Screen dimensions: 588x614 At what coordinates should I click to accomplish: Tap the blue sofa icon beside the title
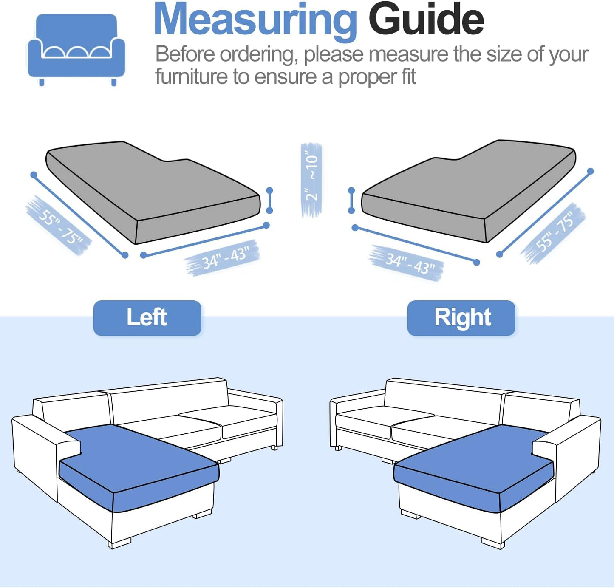pos(76,49)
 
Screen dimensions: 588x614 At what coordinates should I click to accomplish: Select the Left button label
pos(147,318)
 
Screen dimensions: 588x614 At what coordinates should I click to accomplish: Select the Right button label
pos(461,318)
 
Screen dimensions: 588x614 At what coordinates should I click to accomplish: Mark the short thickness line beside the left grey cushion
pos(269,200)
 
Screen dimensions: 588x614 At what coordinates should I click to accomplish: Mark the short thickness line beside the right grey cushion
pos(351,200)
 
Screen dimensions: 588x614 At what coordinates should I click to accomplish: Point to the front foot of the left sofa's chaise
pos(120,543)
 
